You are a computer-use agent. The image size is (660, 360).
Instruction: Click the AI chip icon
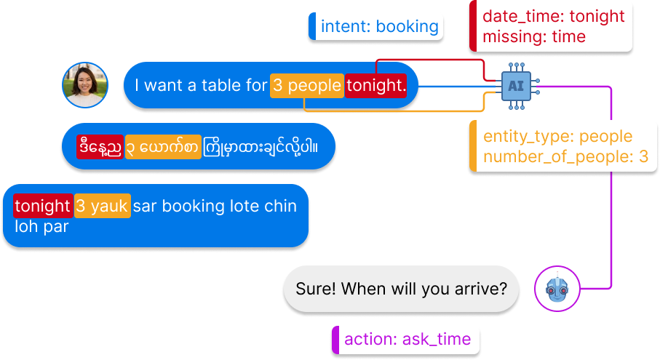(516, 86)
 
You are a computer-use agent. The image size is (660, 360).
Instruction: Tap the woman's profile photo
(85, 84)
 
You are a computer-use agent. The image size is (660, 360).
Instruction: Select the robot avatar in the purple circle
(557, 289)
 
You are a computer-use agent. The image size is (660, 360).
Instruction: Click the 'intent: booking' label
(378, 27)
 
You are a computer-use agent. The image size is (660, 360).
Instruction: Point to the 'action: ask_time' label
(407, 339)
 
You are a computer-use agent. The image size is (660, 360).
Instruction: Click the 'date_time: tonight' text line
(553, 16)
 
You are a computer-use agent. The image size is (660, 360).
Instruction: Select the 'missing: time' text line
(533, 36)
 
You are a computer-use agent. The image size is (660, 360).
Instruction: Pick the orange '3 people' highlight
(306, 86)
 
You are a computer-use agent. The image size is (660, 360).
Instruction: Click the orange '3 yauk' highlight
(102, 206)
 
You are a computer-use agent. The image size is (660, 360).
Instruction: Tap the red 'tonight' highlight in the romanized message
(41, 206)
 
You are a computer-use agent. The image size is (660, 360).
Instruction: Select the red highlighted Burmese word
(100, 146)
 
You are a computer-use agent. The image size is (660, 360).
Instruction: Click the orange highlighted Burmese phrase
(162, 146)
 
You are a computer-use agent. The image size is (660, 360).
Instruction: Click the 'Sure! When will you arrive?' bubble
(401, 289)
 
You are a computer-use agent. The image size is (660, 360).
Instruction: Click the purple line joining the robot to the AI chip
(611, 189)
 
